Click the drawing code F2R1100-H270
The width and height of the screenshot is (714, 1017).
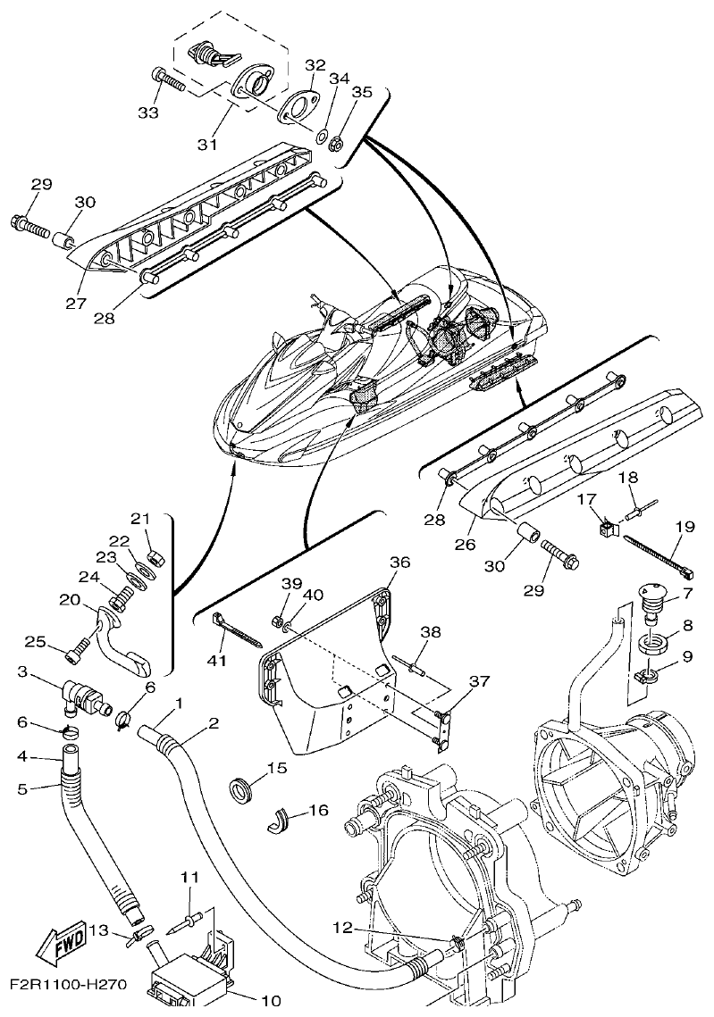tap(68, 986)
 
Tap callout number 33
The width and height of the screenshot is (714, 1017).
tap(148, 113)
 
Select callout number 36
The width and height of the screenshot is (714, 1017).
tap(399, 563)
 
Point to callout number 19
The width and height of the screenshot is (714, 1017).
tap(684, 527)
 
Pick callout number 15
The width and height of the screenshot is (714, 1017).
tap(275, 766)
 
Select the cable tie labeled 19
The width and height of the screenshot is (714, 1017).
tap(659, 554)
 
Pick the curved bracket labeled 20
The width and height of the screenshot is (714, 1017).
tap(125, 638)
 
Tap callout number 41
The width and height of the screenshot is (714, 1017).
tap(218, 660)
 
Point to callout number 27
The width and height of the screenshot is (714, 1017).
tap(76, 303)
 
